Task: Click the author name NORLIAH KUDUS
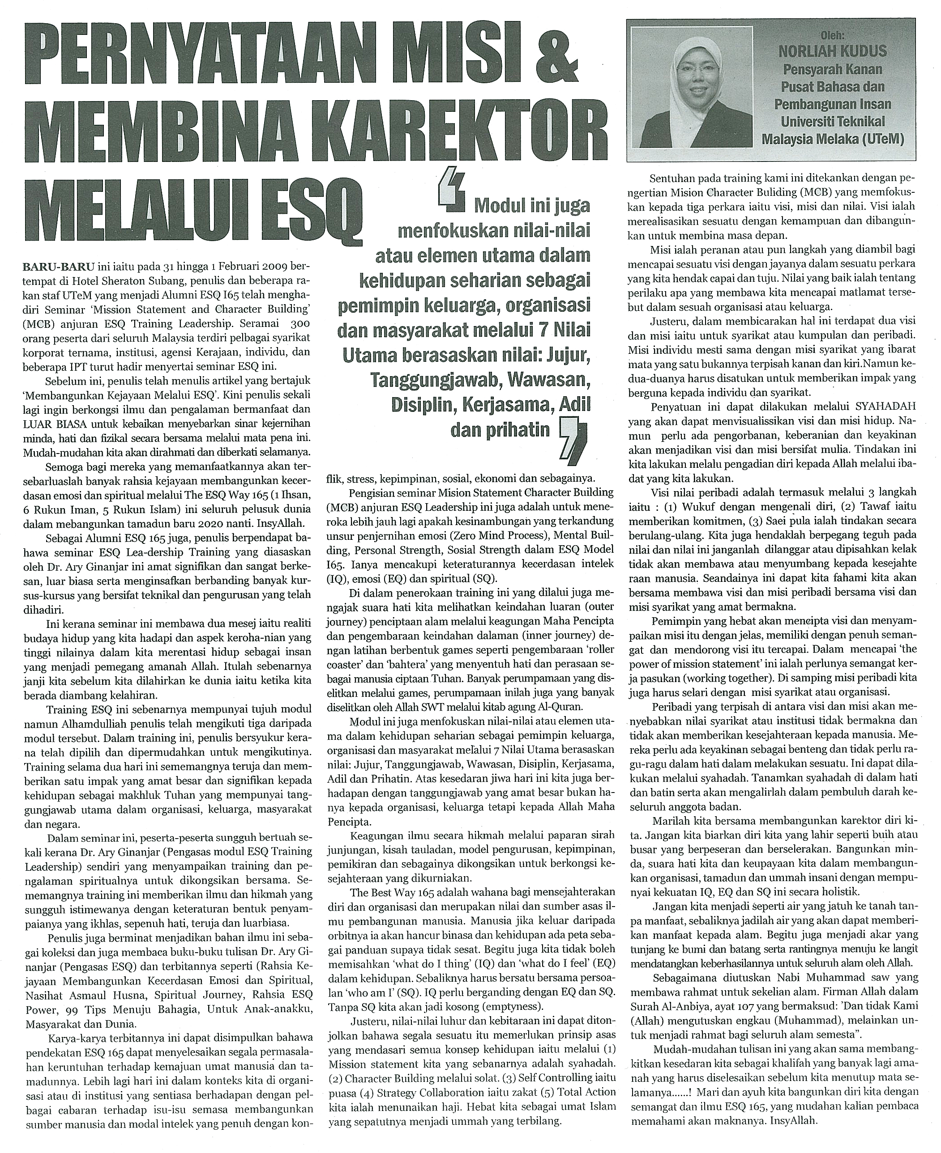(833, 52)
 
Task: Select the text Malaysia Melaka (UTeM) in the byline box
(833, 139)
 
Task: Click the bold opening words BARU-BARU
(59, 267)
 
